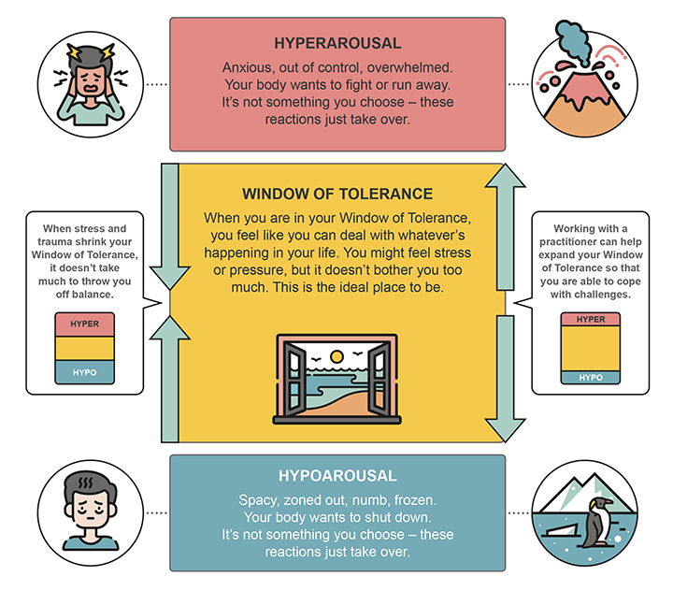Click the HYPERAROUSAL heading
pos(337,43)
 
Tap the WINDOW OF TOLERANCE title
pos(337,195)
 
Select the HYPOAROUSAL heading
pos(337,476)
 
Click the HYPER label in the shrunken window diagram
pos(84,324)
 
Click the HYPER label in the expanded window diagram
pos(591,319)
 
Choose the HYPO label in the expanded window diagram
pos(591,378)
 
